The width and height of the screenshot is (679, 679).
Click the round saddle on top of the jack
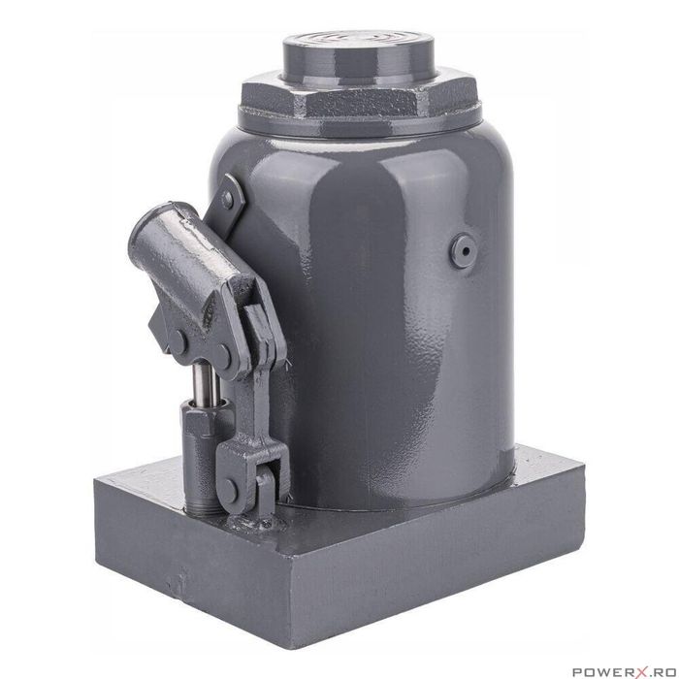[360, 58]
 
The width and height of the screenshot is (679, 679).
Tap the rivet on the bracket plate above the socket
[228, 200]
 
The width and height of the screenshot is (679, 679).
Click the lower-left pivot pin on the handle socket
[180, 340]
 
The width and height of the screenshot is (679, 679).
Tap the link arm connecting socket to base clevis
[260, 388]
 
